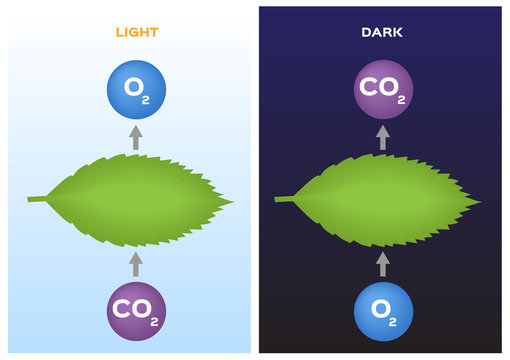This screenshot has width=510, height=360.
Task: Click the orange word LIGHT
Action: click(136, 32)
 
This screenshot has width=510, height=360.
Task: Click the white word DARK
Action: click(382, 32)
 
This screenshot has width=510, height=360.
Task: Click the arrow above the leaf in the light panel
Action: click(136, 137)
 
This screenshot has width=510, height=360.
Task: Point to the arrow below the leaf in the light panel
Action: click(136, 263)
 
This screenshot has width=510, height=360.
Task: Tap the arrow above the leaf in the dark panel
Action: click(383, 137)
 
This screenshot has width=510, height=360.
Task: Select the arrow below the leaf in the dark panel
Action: click(383, 263)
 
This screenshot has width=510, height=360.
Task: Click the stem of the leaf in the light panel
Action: click(38, 198)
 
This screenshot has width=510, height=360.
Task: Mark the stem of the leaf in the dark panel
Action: click(285, 198)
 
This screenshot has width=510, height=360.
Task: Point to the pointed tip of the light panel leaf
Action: click(232, 201)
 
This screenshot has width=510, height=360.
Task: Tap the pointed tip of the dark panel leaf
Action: click(479, 201)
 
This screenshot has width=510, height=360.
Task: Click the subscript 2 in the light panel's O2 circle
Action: click(148, 98)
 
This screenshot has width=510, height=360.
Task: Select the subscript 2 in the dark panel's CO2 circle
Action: click(401, 99)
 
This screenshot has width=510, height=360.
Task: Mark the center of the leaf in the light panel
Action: click(136, 199)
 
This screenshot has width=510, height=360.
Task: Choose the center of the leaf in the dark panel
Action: click(383, 199)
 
